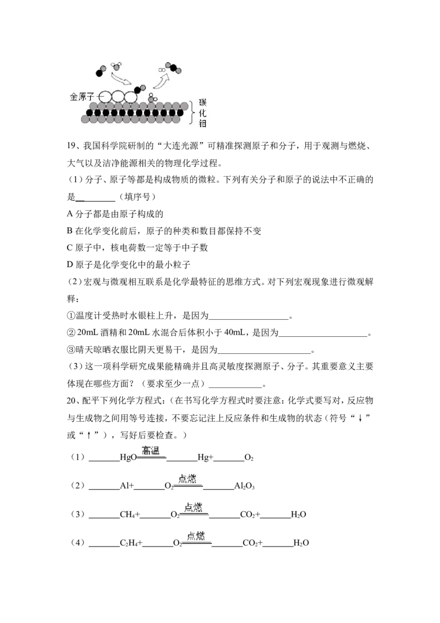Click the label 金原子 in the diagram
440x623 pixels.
coord(82,96)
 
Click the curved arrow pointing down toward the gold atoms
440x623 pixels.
coord(120,78)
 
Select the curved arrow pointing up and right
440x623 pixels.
coord(161,80)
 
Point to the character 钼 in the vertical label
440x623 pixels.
coord(202,123)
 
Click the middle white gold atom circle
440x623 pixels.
coord(118,96)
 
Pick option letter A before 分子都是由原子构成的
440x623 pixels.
coord(70,214)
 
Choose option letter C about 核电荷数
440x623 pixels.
coord(69,248)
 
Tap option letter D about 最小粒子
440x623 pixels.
coord(70,265)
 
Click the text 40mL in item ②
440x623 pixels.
coord(234,332)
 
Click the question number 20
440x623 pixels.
coord(71,401)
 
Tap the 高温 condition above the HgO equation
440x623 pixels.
coord(151,450)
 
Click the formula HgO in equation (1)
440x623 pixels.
coord(128,458)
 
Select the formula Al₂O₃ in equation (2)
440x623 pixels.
coord(244,486)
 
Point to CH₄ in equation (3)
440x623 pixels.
coord(128,515)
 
